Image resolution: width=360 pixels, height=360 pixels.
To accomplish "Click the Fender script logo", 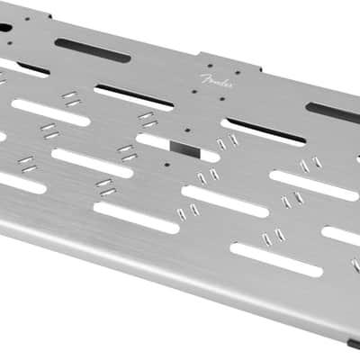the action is tap(216, 81).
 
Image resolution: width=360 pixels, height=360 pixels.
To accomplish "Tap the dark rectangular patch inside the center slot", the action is tap(184, 149).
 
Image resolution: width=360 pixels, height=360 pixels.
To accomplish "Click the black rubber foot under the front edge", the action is tap(354, 344).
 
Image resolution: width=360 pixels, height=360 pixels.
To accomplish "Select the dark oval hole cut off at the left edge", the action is tap(5, 28).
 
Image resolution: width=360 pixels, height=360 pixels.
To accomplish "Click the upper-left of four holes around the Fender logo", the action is tap(210, 66).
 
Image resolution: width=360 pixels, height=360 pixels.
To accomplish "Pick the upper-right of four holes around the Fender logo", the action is tap(238, 72).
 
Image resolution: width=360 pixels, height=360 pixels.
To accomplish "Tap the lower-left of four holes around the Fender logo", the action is tap(194, 92).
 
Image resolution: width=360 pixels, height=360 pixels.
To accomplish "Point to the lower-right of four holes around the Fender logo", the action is tap(222, 98).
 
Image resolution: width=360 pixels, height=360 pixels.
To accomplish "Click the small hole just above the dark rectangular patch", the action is tap(187, 130).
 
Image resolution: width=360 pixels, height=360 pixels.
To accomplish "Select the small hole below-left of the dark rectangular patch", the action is tap(167, 164).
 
